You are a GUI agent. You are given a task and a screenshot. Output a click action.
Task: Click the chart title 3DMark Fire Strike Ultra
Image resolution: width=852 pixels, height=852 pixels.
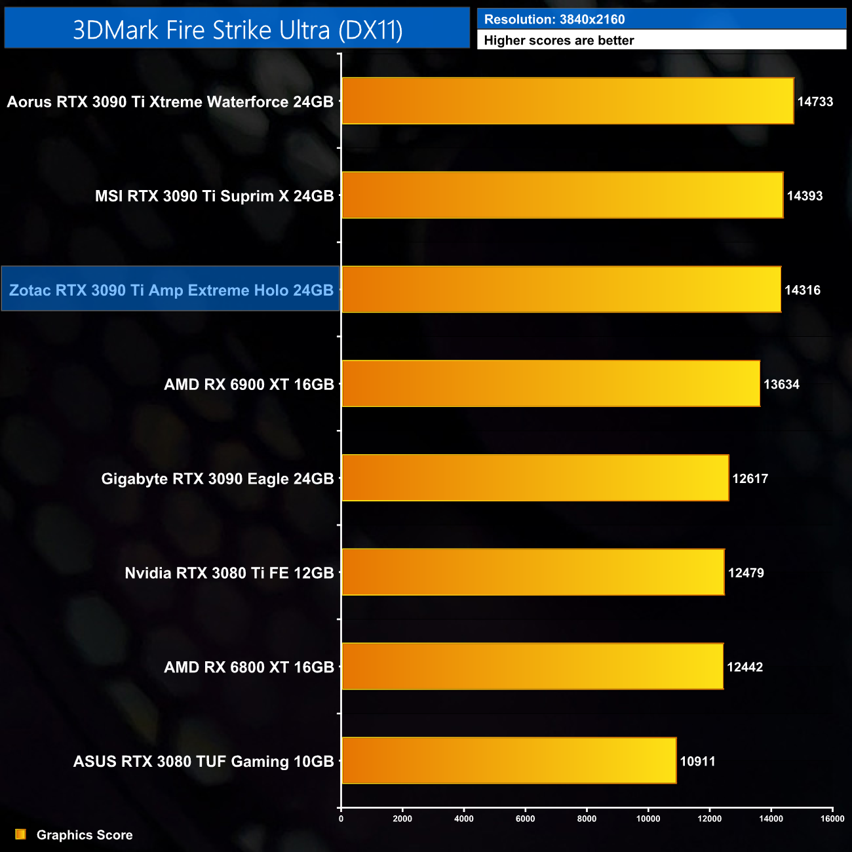tap(237, 30)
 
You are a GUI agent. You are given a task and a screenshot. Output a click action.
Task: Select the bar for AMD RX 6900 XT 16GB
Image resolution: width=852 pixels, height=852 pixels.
tap(551, 384)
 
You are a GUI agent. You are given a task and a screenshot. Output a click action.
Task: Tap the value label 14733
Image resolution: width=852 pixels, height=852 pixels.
tap(815, 102)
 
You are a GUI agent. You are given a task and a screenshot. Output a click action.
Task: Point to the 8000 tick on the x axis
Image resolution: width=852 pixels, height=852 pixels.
tap(587, 818)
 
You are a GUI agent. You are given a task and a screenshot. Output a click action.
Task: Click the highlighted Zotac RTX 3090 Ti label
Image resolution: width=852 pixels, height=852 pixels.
tap(171, 290)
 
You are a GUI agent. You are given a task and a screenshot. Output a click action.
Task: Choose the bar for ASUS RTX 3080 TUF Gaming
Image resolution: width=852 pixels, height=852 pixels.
tap(509, 761)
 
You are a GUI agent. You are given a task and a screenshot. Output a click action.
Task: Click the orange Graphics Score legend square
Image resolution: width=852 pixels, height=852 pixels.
tap(20, 834)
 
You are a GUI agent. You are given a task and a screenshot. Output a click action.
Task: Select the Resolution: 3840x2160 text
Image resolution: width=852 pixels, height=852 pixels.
tap(554, 20)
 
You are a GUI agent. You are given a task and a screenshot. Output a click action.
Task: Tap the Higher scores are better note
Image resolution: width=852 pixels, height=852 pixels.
tap(559, 41)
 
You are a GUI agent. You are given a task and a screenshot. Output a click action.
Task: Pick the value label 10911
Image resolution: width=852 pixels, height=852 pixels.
tap(697, 762)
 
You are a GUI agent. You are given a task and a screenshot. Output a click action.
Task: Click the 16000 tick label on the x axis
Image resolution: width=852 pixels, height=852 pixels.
tap(832, 818)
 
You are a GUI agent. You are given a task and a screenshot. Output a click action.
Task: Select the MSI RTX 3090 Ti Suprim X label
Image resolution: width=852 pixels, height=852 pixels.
tap(214, 196)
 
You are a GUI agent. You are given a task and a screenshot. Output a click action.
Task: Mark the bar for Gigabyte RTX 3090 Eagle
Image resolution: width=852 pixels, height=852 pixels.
tap(535, 478)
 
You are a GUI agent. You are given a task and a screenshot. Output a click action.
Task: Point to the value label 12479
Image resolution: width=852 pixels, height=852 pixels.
tap(746, 573)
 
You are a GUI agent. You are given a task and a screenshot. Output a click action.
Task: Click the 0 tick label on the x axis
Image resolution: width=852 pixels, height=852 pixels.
tap(341, 818)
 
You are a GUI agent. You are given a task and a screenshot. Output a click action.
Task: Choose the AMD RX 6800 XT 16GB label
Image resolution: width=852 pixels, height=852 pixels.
tap(249, 667)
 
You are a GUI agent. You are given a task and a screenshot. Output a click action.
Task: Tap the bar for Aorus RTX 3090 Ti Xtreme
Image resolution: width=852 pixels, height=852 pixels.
tap(568, 102)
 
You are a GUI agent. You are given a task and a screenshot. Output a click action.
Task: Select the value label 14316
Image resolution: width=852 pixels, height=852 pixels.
tap(802, 290)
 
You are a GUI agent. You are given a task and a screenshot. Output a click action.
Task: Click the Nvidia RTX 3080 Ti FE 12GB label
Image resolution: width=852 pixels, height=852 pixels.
tap(229, 573)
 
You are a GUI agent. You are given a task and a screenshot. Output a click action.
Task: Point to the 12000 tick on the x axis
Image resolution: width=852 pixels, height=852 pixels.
tap(710, 818)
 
